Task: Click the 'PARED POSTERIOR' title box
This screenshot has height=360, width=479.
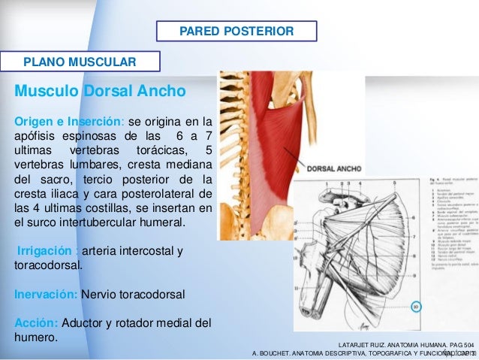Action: click(236, 32)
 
